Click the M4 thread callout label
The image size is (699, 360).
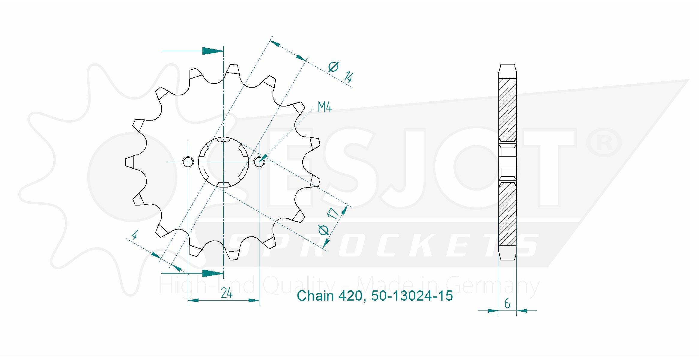coord(324,107)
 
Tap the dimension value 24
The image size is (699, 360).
coord(227,293)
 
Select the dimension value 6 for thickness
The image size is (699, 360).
coord(507,303)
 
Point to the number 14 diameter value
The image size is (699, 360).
coord(348,77)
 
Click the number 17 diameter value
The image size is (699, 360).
coord(333,213)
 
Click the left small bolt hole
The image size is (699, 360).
coord(188,162)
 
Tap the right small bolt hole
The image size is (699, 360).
coord(259,162)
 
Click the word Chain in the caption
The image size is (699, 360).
coord(315,296)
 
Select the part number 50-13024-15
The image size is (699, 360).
coord(412,296)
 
